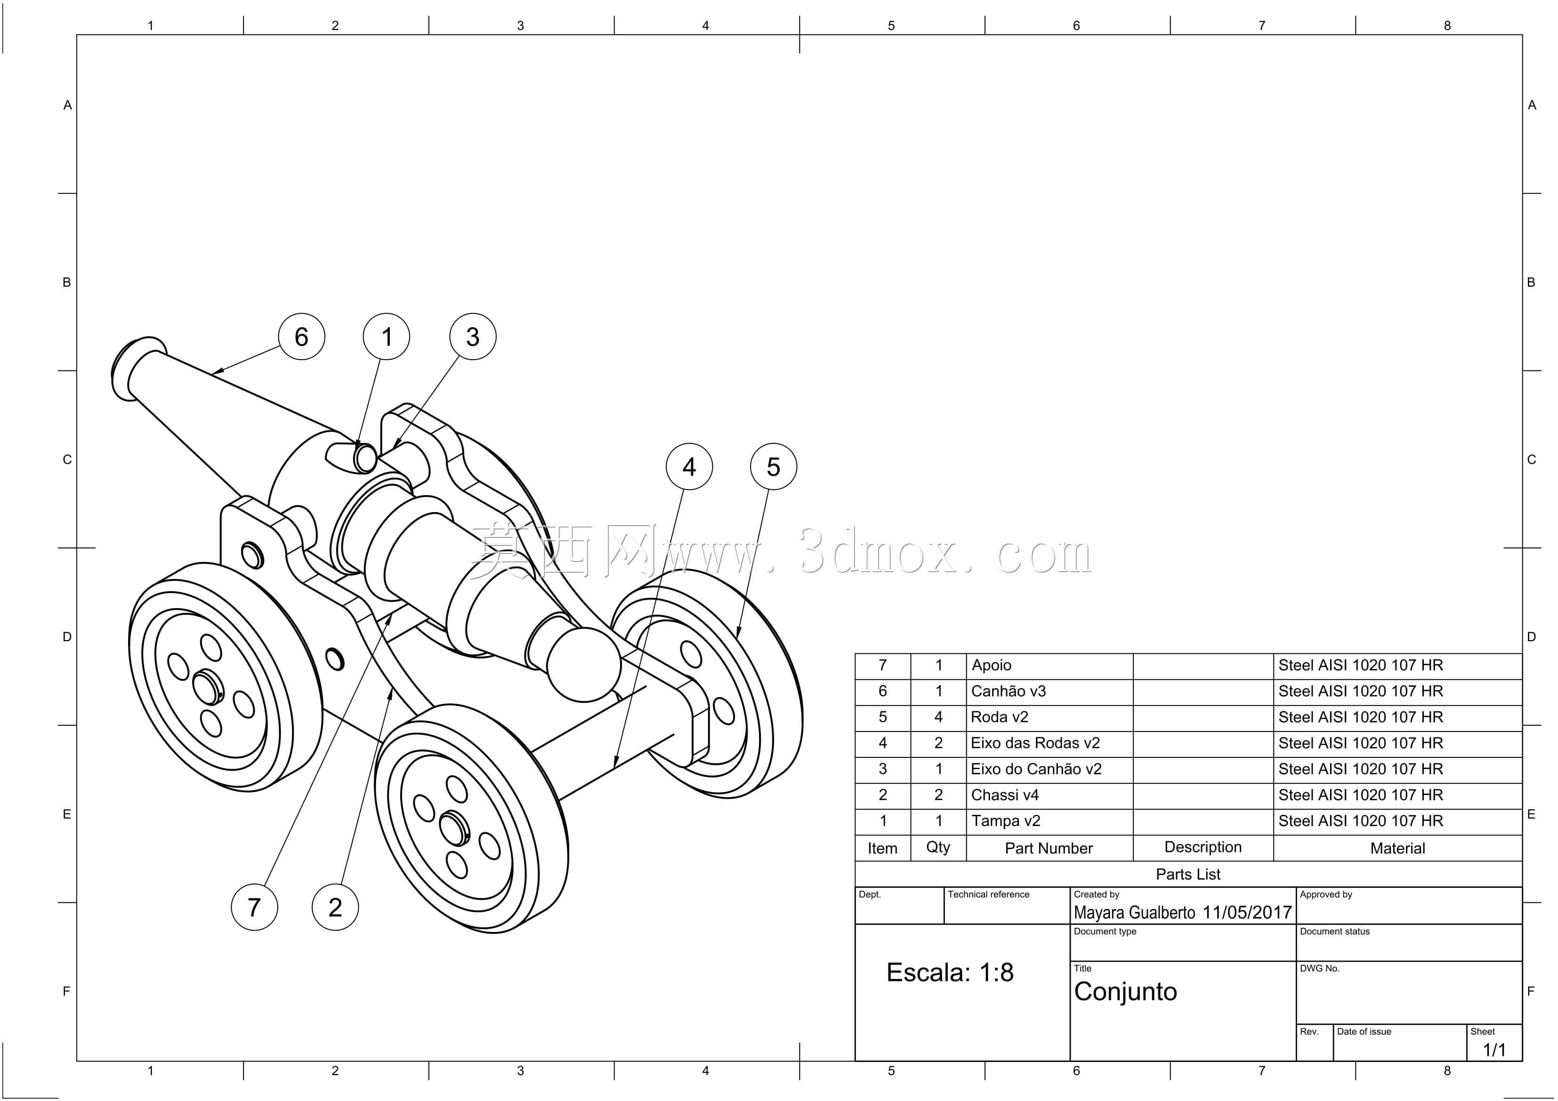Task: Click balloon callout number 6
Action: pos(301,337)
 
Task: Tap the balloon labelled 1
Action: pos(386,337)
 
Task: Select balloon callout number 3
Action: pos(473,337)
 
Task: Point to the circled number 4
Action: pos(689,467)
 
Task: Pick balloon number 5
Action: pos(774,467)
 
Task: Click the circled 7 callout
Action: pos(254,907)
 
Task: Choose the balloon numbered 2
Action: pos(335,907)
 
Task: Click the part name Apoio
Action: pos(992,666)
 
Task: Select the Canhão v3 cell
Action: pos(1009,691)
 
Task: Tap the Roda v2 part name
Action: pos(1000,717)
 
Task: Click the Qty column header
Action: pos(938,847)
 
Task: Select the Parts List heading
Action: pos(1188,875)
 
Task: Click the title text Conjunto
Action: pos(1126,992)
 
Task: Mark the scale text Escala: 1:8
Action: pos(950,972)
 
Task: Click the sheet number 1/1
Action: pos(1494,1050)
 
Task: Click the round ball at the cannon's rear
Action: pos(583,664)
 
